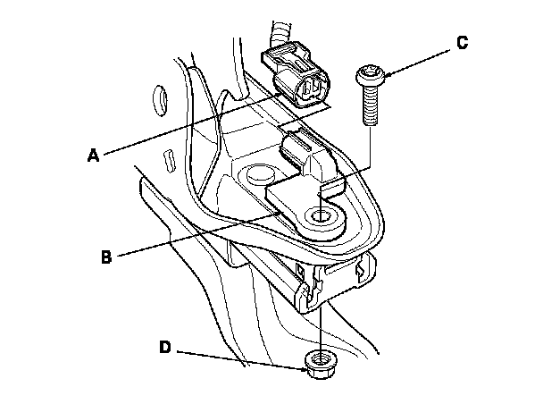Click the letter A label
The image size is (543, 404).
(92, 155)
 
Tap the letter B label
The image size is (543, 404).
(106, 255)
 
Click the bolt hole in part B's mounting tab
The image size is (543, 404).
(319, 215)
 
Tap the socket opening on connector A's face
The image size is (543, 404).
(313, 88)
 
